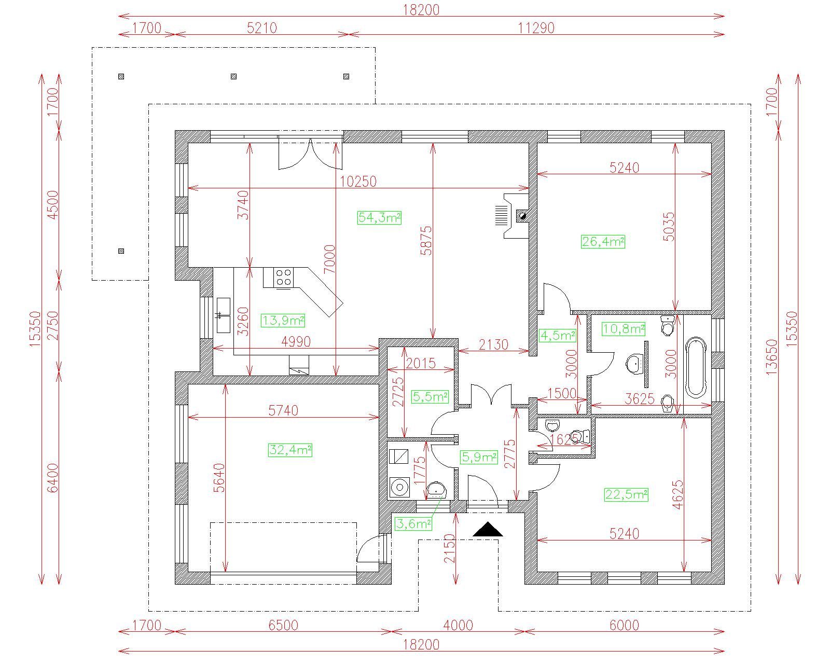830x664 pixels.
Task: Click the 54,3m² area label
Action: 380,217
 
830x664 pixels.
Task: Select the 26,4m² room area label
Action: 603,242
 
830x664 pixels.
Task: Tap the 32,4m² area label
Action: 290,450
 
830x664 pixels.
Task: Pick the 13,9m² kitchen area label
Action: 283,321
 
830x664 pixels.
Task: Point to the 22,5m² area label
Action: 626,494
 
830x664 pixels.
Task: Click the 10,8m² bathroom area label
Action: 623,329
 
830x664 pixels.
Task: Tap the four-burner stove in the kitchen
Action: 283,278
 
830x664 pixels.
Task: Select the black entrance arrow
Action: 488,529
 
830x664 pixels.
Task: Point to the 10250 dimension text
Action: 358,182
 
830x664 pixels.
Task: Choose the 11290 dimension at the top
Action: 536,28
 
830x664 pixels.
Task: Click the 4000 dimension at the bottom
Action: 458,626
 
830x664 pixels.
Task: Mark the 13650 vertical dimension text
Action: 771,357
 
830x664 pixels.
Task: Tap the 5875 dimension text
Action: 426,241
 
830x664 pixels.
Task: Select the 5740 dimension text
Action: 283,410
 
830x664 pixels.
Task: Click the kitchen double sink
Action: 223,315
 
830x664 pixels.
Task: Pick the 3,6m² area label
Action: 413,524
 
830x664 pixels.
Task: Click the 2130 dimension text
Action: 493,344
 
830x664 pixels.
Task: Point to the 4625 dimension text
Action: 677,494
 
